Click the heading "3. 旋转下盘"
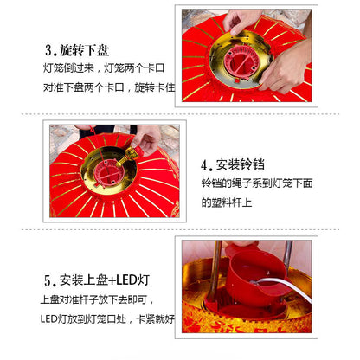click(77, 50)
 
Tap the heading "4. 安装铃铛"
click(233, 164)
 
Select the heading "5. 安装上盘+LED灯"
click(97, 280)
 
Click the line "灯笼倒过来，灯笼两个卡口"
click(104, 68)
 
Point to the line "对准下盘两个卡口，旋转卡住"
click(109, 87)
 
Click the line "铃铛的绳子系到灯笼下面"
click(257, 183)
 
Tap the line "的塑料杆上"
click(227, 202)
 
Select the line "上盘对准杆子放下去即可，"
click(97, 299)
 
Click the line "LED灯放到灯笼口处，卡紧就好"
click(107, 318)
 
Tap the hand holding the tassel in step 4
click(145, 139)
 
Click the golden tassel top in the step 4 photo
click(128, 156)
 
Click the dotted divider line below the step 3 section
click(180, 114)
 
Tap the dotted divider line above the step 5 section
click(180, 229)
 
